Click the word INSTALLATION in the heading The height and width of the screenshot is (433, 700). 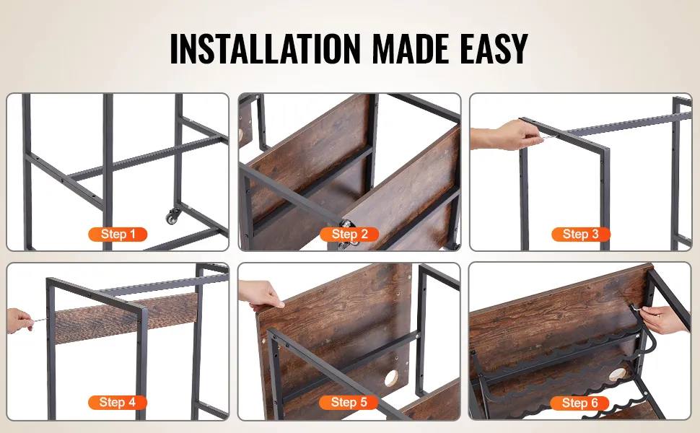[x=265, y=48]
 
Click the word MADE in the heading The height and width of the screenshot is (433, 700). [x=411, y=48]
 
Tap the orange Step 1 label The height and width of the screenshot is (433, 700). [x=118, y=235]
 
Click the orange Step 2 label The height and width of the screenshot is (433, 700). [x=349, y=235]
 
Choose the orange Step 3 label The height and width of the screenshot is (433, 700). [x=581, y=235]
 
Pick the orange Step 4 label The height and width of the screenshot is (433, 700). [x=118, y=402]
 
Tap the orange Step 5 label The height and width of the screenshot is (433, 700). [x=349, y=402]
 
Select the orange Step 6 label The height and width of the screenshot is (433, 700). [x=580, y=403]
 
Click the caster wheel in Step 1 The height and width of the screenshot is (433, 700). [x=172, y=217]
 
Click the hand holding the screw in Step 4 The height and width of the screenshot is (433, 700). [x=20, y=320]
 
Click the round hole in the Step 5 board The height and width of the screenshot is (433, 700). [x=392, y=378]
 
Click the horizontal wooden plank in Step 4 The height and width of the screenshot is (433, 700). [x=126, y=318]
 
